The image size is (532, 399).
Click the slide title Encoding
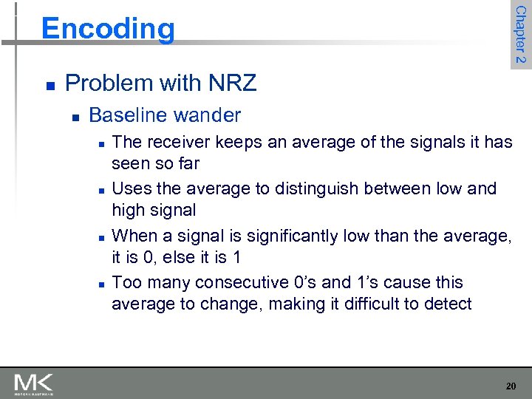point(109,29)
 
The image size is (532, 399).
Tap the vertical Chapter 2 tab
point(520,34)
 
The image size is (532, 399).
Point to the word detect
point(446,304)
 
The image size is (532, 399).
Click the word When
point(134,236)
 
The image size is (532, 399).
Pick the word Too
point(126,283)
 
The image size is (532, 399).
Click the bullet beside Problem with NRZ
point(50,85)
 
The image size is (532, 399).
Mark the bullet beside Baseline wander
point(75,117)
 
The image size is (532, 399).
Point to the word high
point(128,210)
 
